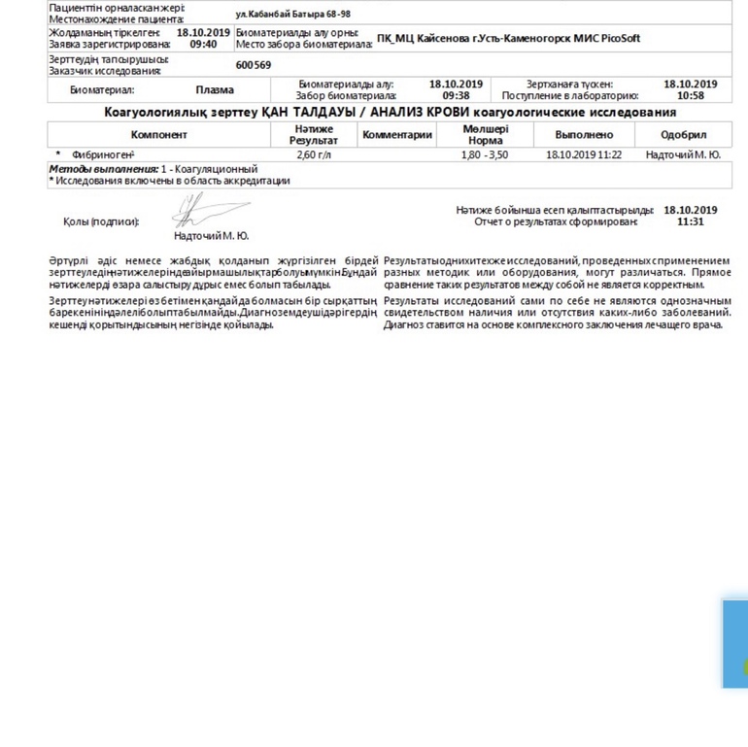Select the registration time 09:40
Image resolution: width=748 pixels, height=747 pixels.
tap(203, 44)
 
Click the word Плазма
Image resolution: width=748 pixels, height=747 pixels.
tap(214, 90)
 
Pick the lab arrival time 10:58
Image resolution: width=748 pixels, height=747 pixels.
tap(690, 96)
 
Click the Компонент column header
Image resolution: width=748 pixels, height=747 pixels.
tap(159, 135)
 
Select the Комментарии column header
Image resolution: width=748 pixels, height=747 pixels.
tap(396, 135)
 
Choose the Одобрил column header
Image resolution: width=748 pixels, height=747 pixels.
tap(683, 135)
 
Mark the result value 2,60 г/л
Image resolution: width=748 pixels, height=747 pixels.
tap(313, 154)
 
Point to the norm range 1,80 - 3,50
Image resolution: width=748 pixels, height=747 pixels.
tap(485, 154)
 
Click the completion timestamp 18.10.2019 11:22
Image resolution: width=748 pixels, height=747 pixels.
tap(584, 154)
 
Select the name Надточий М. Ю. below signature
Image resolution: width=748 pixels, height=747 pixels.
tap(211, 236)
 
